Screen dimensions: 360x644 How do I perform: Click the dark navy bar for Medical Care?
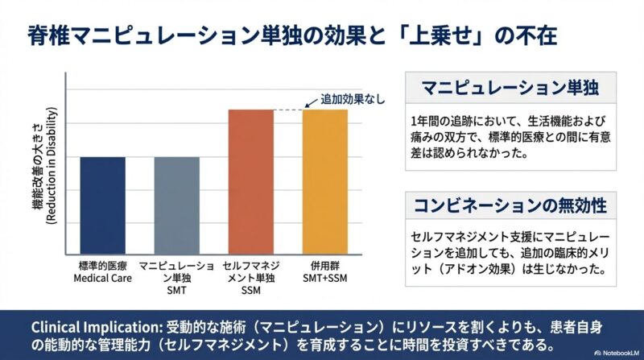pos(102,205)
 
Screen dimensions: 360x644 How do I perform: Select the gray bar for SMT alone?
pos(176,205)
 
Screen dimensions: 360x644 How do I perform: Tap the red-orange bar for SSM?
pos(250,181)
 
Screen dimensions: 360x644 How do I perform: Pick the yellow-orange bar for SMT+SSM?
pos(324,181)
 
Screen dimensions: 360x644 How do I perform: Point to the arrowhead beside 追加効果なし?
pos(306,106)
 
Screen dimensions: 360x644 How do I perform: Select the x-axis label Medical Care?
pos(102,279)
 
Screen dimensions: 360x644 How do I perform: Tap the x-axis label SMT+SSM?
pos(324,279)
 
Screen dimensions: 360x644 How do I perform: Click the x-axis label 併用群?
pos(324,266)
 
